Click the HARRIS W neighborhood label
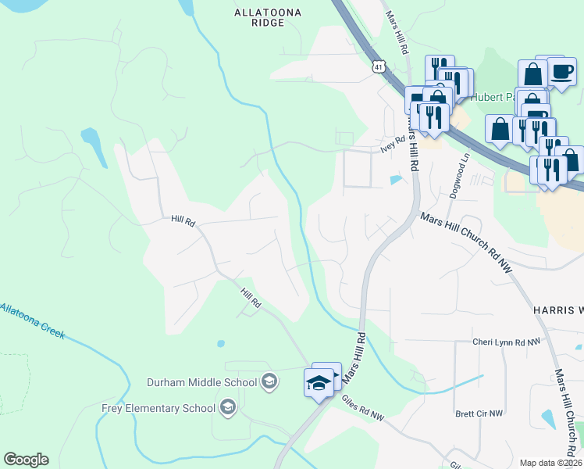click(x=557, y=310)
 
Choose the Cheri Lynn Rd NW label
click(x=506, y=342)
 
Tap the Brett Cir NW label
click(x=479, y=413)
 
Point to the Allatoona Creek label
click(x=31, y=320)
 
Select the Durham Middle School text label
click(x=202, y=382)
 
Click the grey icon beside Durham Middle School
click(x=269, y=381)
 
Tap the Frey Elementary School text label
click(x=158, y=407)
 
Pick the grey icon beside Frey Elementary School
click(x=227, y=406)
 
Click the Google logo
click(x=26, y=460)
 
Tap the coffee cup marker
click(x=561, y=72)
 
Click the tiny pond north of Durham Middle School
click(x=221, y=343)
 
